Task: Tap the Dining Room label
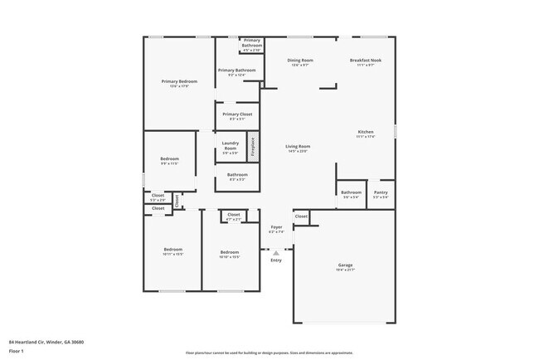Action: [x=300, y=61]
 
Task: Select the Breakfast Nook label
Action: [x=365, y=61]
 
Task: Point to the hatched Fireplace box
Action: [x=254, y=147]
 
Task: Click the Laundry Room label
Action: [x=231, y=147]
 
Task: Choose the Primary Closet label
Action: [x=237, y=114]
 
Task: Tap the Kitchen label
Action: [x=366, y=132]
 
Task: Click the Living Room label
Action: [x=299, y=147]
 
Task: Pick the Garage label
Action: [x=345, y=265]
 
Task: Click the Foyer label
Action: [x=276, y=226]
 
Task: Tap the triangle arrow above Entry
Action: [x=276, y=253]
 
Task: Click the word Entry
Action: [x=276, y=260]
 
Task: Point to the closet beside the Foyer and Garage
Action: [x=301, y=216]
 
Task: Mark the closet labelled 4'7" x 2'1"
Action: [x=234, y=216]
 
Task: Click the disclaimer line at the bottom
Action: [x=269, y=353]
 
